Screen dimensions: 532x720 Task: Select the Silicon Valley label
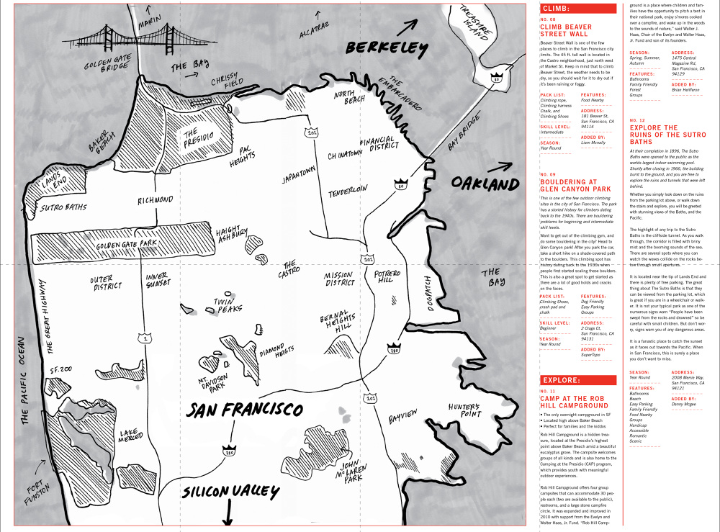point(230,492)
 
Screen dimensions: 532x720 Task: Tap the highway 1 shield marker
point(146,337)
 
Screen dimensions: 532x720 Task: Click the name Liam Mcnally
point(594,143)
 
